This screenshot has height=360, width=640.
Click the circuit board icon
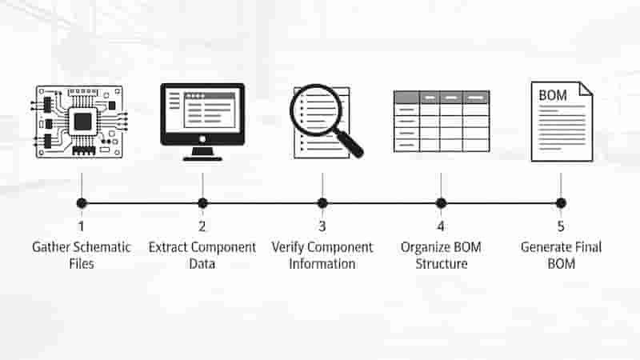click(x=79, y=122)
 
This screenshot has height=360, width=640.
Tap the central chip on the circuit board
click(x=83, y=122)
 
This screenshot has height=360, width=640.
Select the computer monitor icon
click(x=202, y=122)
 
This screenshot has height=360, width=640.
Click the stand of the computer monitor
click(x=202, y=154)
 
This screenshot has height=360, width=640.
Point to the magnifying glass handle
click(x=350, y=143)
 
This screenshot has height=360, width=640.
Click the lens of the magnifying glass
click(x=315, y=110)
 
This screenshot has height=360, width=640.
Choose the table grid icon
click(x=442, y=122)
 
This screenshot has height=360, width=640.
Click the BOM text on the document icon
click(x=553, y=95)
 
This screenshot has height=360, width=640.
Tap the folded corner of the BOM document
click(x=586, y=89)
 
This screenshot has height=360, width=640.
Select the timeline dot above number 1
click(x=82, y=203)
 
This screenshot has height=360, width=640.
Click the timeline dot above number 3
click(x=322, y=203)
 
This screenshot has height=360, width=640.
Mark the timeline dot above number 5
click(x=561, y=203)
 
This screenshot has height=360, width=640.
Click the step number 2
click(x=202, y=226)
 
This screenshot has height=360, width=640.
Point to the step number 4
click(x=441, y=226)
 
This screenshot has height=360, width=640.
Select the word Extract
click(x=168, y=247)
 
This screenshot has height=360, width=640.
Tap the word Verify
click(x=288, y=248)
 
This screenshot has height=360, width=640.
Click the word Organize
click(x=423, y=248)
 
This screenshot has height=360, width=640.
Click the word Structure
click(x=442, y=264)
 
